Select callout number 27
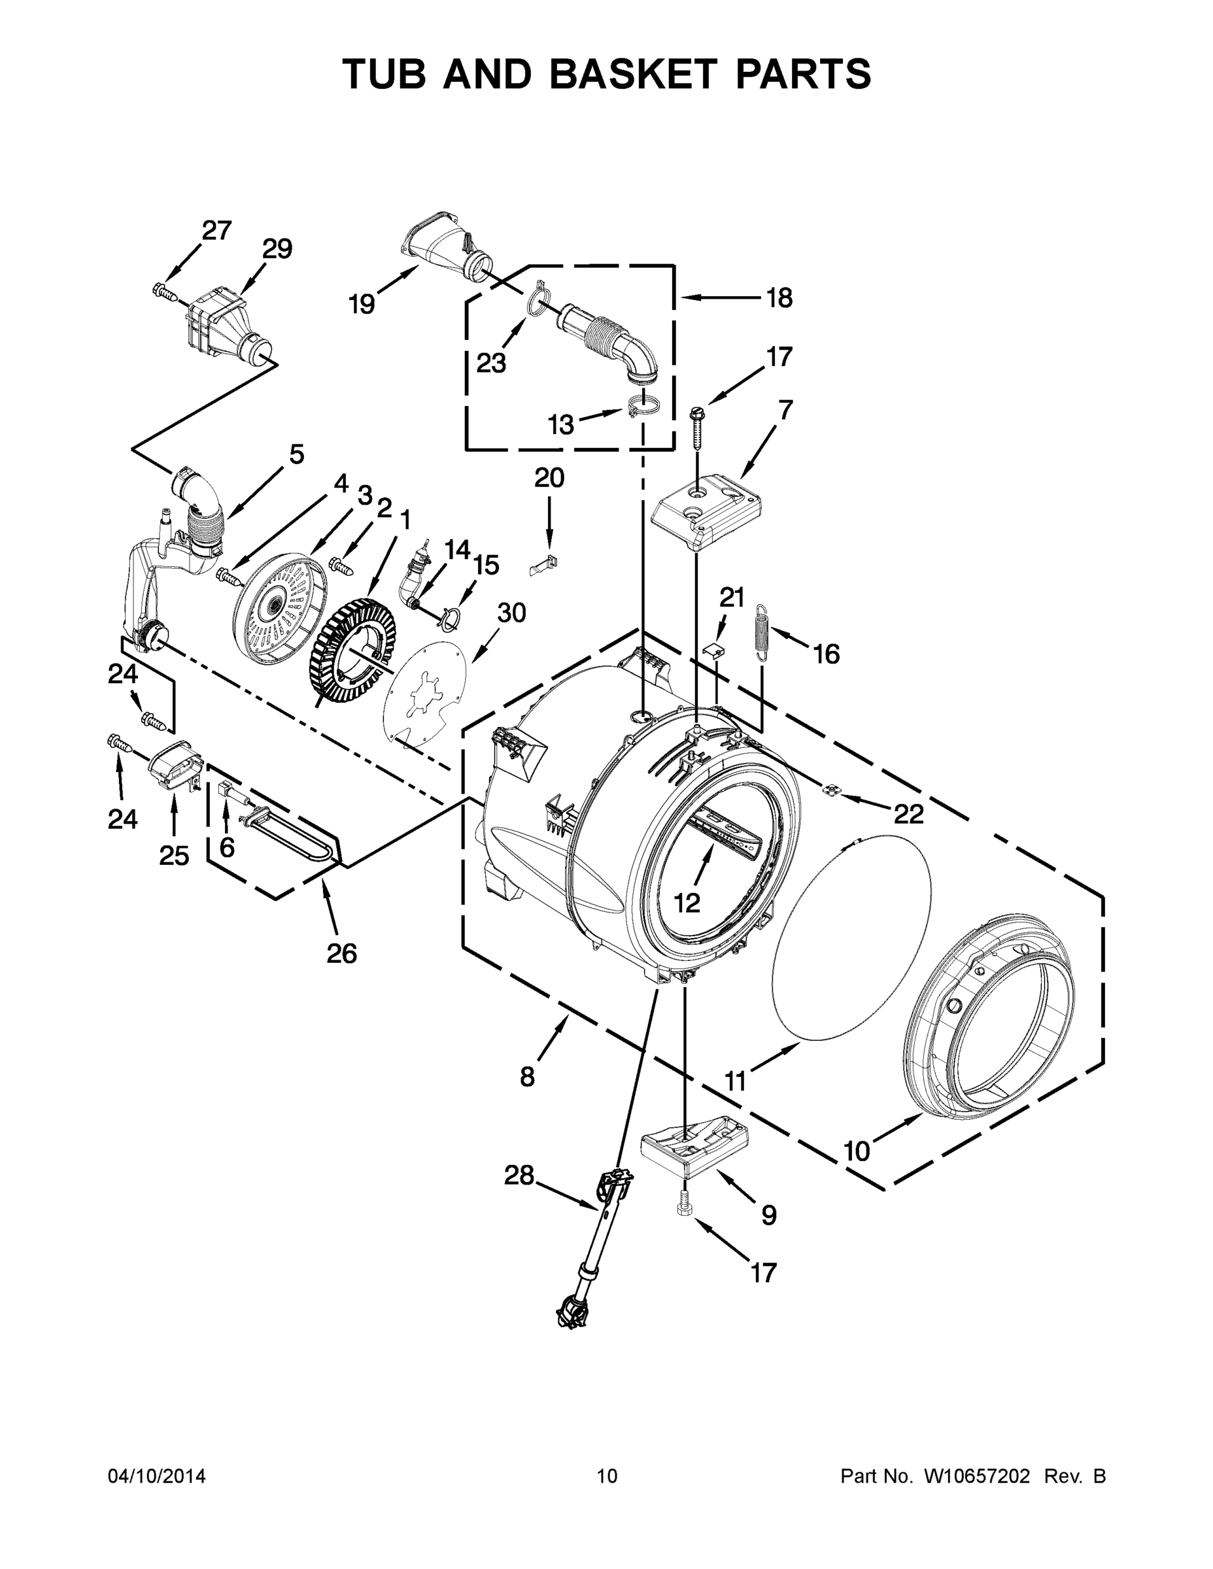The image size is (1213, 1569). pyautogui.click(x=216, y=231)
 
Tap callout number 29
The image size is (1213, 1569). pyautogui.click(x=277, y=249)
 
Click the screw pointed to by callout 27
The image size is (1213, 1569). pyautogui.click(x=165, y=292)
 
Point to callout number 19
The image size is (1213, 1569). pyautogui.click(x=362, y=305)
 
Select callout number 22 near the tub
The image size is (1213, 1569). pyautogui.click(x=908, y=813)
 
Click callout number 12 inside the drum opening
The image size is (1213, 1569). pyautogui.click(x=687, y=902)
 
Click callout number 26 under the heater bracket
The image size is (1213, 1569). pyautogui.click(x=341, y=954)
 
